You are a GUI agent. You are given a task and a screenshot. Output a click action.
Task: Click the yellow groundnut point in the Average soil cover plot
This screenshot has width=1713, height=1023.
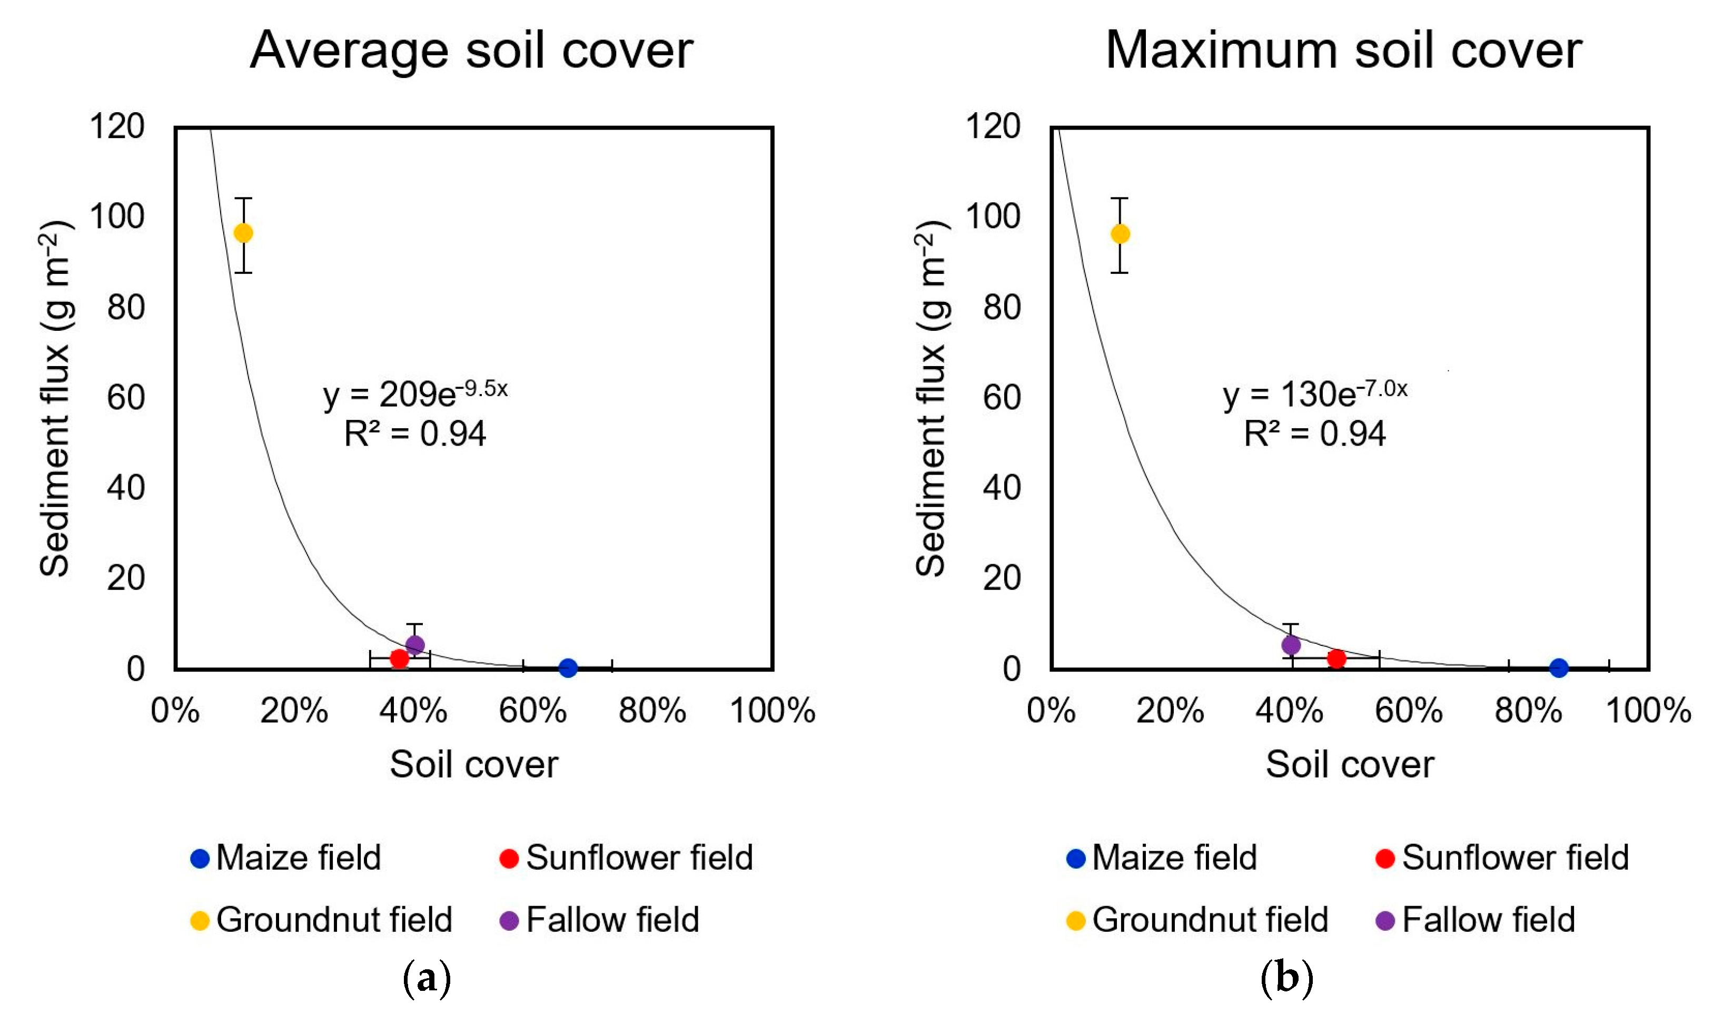coord(243,233)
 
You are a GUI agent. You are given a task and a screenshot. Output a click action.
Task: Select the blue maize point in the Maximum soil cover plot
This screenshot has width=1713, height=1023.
coord(1559,667)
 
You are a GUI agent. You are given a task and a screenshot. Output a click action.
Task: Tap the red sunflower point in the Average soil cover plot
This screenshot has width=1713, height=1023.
coord(400,658)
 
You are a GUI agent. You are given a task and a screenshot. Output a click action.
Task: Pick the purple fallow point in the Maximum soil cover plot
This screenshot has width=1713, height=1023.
coord(1291,645)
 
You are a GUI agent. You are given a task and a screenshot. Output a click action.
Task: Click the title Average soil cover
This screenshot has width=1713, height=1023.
coord(471,51)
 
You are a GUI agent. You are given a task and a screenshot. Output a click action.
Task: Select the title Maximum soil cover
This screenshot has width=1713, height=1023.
coord(1344,51)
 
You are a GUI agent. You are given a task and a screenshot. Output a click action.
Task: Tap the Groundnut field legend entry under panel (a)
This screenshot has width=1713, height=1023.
coord(321,920)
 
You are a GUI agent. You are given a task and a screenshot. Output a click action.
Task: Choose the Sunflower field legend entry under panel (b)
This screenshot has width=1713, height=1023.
coord(1502,858)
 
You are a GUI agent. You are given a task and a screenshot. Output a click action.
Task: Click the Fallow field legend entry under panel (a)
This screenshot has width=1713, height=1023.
coord(599,920)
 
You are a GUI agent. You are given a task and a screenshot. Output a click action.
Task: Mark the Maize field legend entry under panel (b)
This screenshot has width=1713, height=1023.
coord(1162,858)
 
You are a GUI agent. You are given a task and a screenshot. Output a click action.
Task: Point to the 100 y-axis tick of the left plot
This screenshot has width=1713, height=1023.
coord(117,217)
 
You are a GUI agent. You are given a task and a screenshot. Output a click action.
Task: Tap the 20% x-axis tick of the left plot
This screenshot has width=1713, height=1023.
coord(294,710)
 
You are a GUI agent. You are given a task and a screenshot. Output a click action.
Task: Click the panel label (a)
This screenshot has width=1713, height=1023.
coord(427,978)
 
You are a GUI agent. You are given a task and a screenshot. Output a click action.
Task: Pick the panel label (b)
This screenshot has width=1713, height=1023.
coord(1286,978)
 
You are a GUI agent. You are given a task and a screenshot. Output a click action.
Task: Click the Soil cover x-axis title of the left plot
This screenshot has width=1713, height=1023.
coord(474,764)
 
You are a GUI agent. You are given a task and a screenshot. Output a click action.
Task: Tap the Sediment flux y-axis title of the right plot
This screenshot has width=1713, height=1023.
coord(932,398)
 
